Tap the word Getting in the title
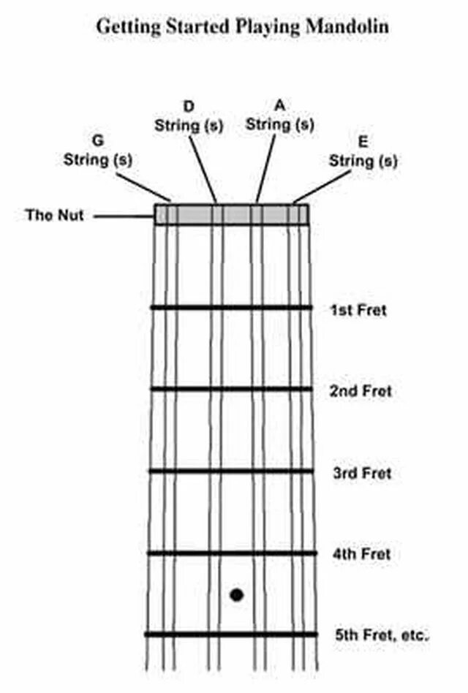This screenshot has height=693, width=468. point(126,27)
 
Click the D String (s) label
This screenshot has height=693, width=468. point(189,116)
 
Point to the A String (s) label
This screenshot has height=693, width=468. point(279,115)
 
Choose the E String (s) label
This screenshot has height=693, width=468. point(363,151)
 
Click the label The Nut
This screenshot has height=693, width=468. point(55,215)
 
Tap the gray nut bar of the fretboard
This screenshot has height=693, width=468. point(231,214)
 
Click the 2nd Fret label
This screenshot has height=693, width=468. point(361,391)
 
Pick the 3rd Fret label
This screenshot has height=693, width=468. point(362,473)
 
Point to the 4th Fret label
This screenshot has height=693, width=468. point(361,554)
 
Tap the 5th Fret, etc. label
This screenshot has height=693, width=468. point(380,635)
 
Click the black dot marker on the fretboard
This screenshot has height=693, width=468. point(236,595)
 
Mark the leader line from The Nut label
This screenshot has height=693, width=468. point(124,216)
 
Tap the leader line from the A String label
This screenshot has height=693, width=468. point(267,167)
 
